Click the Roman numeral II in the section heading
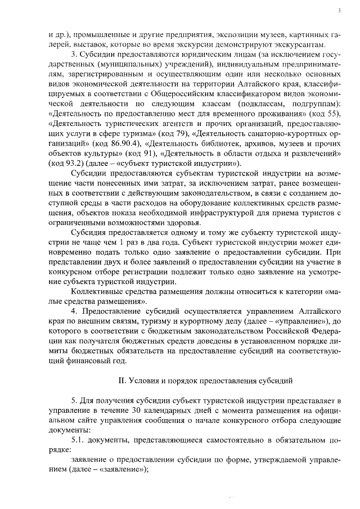point(124,380)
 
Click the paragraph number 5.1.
point(79,442)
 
